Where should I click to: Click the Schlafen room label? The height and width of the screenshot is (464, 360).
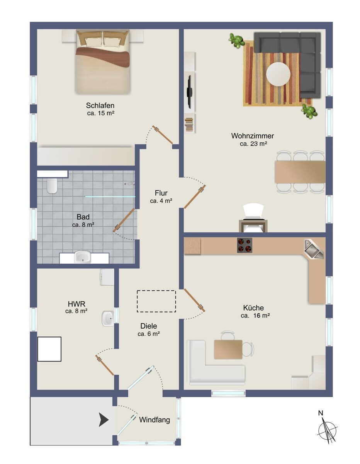(x=100, y=106)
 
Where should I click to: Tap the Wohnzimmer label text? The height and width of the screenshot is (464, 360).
(x=253, y=136)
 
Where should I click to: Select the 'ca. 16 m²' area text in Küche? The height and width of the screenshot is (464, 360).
(x=255, y=316)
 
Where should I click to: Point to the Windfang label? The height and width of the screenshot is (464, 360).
(x=155, y=420)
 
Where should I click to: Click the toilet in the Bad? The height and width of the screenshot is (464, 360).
(x=52, y=186)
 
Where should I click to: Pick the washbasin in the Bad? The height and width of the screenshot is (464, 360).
(x=82, y=257)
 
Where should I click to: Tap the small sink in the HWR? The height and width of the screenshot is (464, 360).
(x=108, y=319)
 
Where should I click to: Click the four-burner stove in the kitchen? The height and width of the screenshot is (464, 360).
(x=245, y=245)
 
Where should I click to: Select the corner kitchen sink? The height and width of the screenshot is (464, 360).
(x=314, y=249)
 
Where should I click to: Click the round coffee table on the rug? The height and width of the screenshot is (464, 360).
(x=278, y=74)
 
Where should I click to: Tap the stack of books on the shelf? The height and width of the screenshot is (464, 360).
(x=190, y=125)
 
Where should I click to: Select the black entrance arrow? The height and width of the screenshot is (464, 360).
(x=104, y=420)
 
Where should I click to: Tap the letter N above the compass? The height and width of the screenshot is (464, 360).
(x=321, y=413)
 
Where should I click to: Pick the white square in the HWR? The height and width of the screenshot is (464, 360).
(x=49, y=349)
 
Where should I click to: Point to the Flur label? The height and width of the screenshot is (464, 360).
(x=161, y=193)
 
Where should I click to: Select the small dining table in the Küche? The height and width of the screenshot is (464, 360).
(x=228, y=349)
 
